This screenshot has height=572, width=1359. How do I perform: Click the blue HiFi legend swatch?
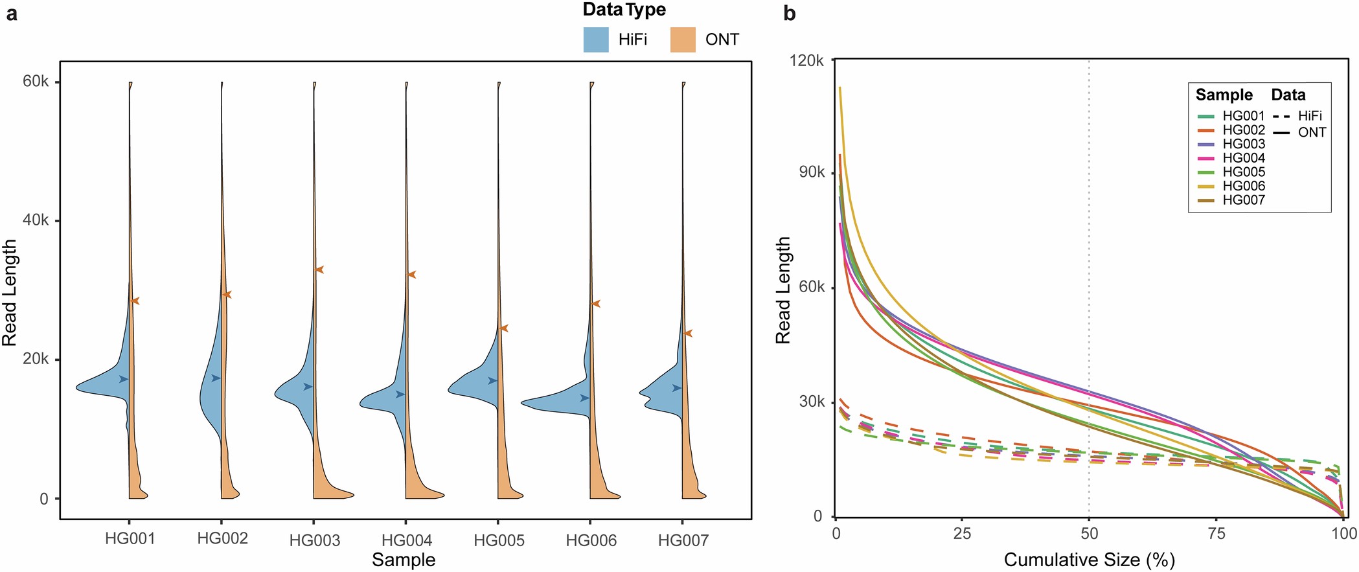[x=595, y=40]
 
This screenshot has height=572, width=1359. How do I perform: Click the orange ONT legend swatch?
[x=683, y=40]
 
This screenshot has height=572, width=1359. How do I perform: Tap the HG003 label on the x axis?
[x=314, y=540]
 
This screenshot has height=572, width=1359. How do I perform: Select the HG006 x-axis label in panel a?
[x=591, y=540]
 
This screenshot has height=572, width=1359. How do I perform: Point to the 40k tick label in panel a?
[x=36, y=220]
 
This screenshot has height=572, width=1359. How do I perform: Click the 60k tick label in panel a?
[x=36, y=82]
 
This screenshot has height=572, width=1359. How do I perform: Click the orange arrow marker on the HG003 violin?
[x=319, y=269]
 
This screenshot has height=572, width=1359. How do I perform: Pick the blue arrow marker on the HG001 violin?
[x=124, y=379]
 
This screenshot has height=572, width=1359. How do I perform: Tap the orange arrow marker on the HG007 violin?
[x=688, y=333]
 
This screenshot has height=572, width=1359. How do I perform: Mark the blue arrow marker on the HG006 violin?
[x=585, y=398]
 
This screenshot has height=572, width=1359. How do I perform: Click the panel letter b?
[x=789, y=13]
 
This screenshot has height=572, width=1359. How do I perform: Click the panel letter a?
[x=11, y=13]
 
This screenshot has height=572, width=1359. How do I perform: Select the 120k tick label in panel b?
[x=806, y=60]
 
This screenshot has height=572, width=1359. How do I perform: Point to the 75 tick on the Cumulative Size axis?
[x=1216, y=533]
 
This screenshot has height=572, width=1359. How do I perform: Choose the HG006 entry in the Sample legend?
[x=1243, y=186]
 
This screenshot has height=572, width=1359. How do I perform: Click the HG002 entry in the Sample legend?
[x=1243, y=130]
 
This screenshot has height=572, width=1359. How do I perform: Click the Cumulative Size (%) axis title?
[x=1089, y=560]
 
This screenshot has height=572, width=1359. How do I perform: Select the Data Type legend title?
[x=624, y=10]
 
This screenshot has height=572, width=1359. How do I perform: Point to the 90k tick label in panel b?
[x=811, y=172]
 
